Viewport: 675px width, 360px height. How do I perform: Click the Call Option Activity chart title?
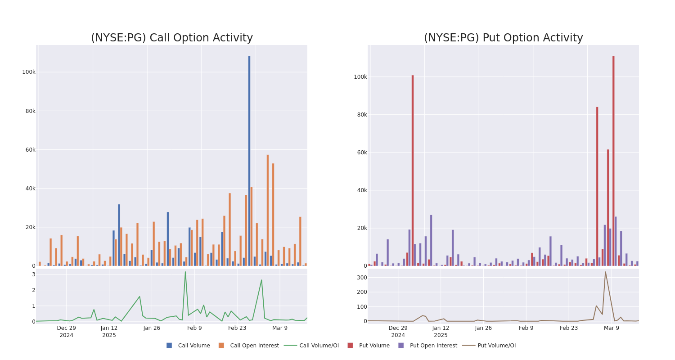pos(172,38)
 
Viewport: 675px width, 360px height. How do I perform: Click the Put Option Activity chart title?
pos(503,38)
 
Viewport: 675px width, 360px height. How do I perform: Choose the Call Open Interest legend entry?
pos(254,346)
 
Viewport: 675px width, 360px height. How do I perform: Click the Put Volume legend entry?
pos(374,346)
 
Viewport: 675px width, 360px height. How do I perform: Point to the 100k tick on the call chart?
pos(29,72)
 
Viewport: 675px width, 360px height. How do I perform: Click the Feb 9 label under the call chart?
pos(194,328)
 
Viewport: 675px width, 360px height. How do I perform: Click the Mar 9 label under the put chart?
pos(612,328)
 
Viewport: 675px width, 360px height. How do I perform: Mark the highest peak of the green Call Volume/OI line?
pos(185,272)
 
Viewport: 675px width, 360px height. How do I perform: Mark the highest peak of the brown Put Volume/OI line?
pos(605,272)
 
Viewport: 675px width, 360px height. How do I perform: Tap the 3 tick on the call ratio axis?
pos(33,274)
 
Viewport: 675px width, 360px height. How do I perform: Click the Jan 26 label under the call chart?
pos(152,328)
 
